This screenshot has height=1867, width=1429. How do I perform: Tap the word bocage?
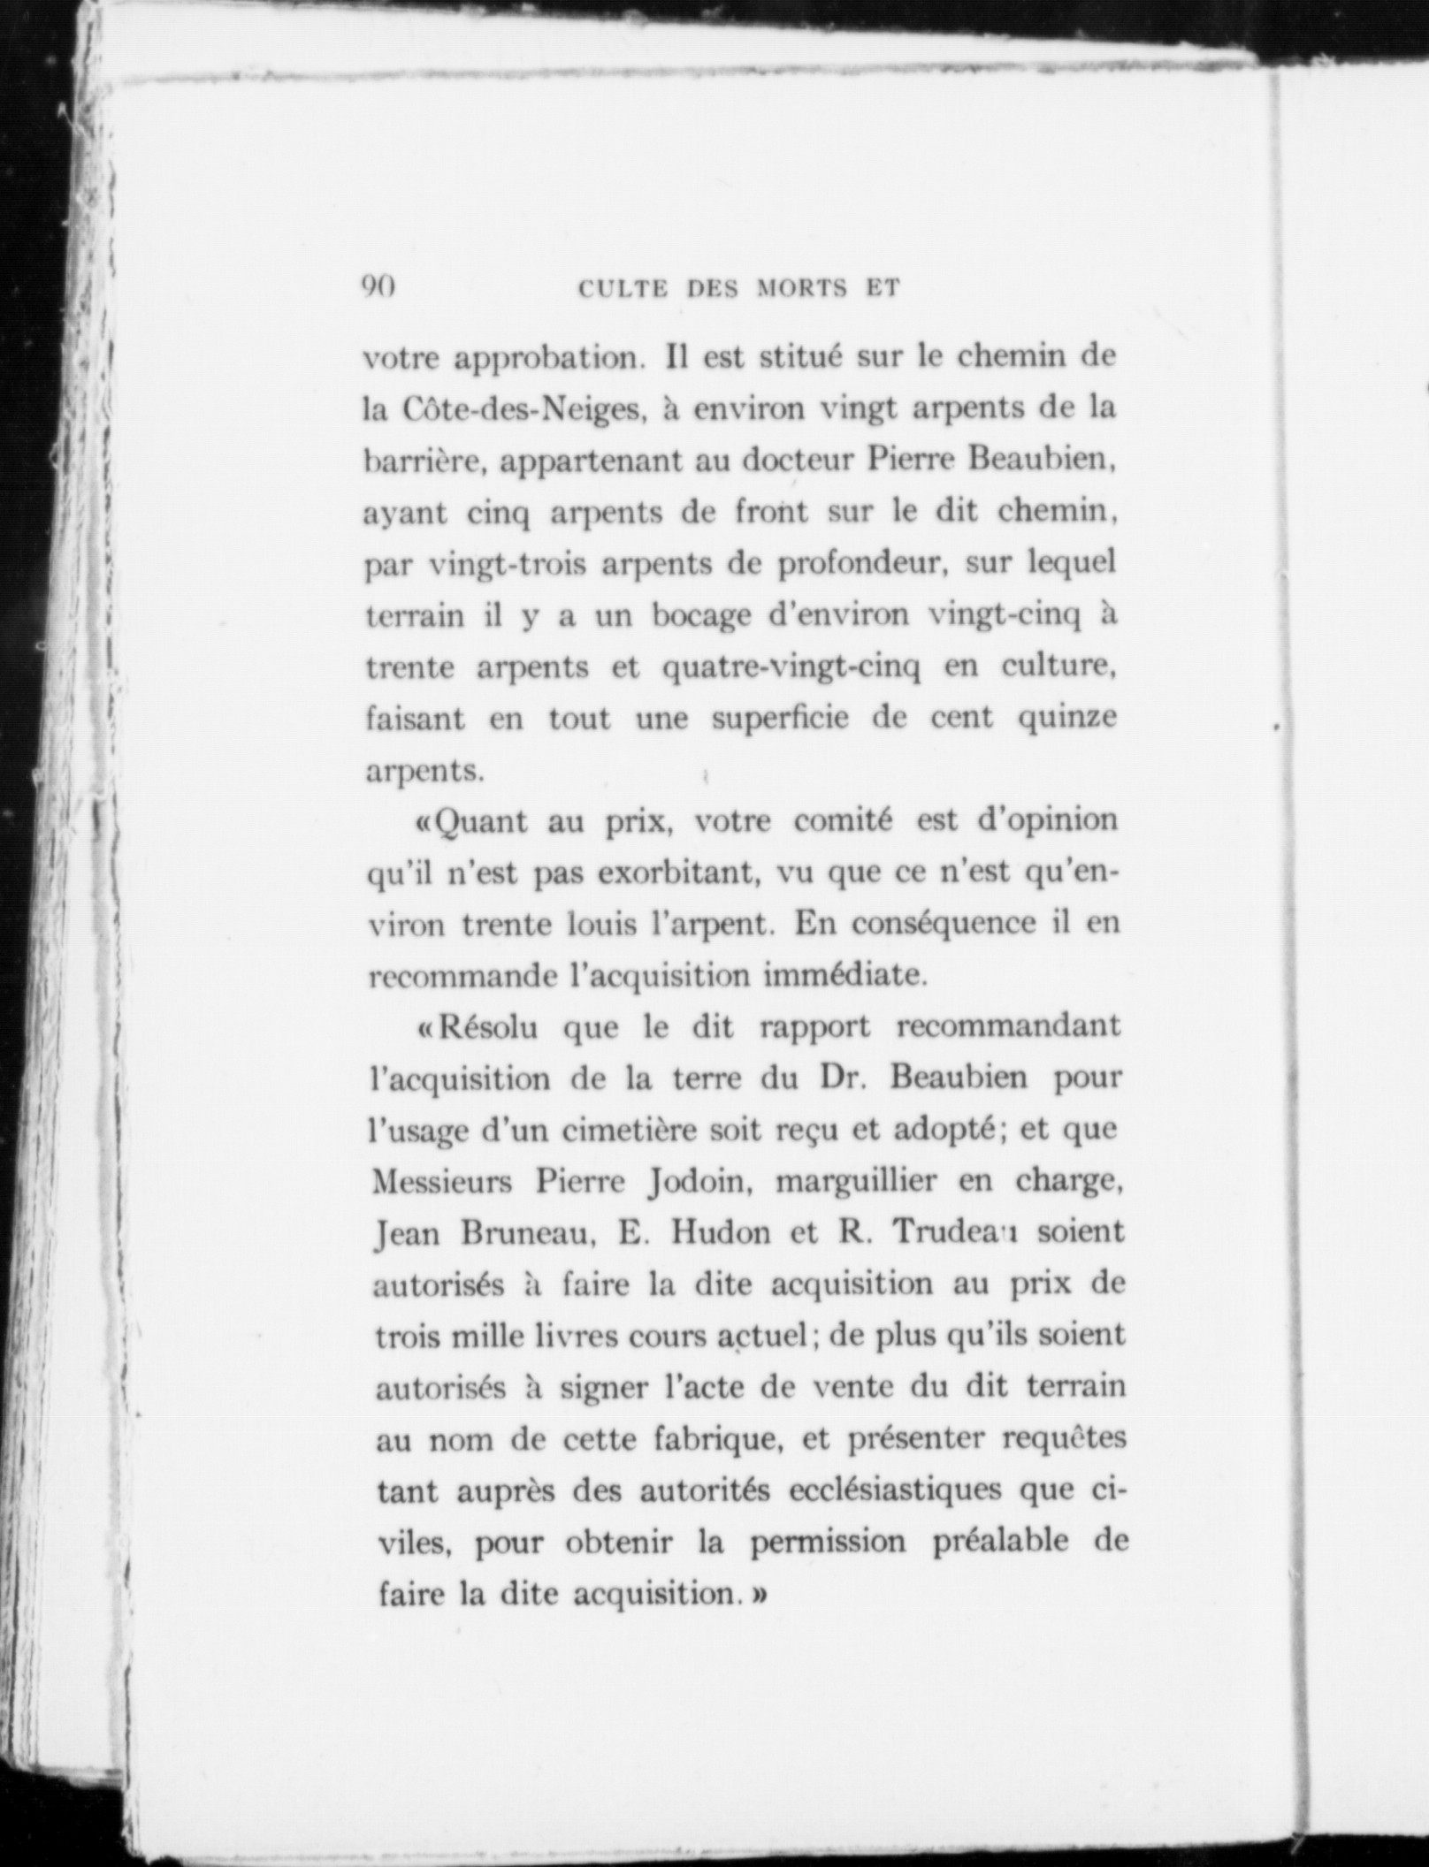[x=702, y=615]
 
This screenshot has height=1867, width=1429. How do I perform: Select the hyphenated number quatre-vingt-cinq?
[x=791, y=667]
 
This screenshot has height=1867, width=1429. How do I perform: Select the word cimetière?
[x=608, y=1130]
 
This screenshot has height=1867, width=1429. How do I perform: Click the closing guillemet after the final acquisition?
[x=758, y=1594]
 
